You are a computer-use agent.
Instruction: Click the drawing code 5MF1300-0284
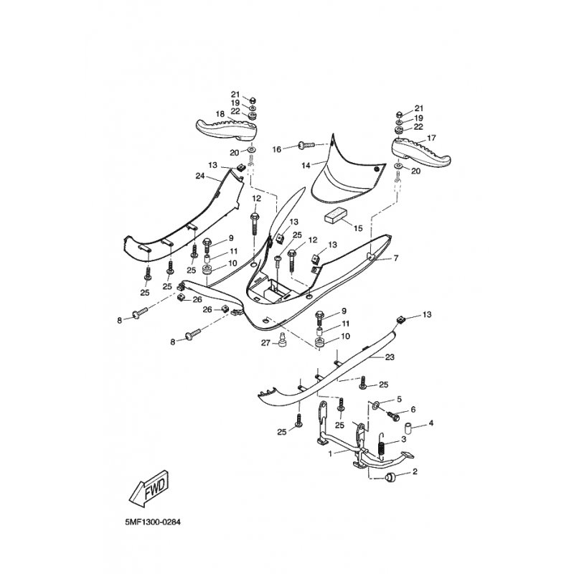[x=153, y=522]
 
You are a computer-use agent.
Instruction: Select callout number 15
[x=358, y=228]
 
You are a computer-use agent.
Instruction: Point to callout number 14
[x=306, y=166]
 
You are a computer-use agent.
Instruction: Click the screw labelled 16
[x=307, y=146]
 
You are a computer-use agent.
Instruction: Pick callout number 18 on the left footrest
[x=220, y=114]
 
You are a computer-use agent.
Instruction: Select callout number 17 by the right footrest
[x=432, y=138]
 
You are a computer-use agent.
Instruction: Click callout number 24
[x=200, y=176]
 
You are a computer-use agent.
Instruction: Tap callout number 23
[x=390, y=357]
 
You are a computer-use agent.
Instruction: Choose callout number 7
[x=396, y=258]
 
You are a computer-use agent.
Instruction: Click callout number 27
[x=265, y=343]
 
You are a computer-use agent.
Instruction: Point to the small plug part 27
[x=281, y=339]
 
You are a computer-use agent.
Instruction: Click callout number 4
[x=431, y=423]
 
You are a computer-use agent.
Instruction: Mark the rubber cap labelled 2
[x=391, y=478]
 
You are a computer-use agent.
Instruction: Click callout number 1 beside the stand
[x=330, y=454]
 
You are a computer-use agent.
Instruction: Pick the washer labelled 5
[x=375, y=405]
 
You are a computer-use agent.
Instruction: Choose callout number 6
[x=413, y=410]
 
